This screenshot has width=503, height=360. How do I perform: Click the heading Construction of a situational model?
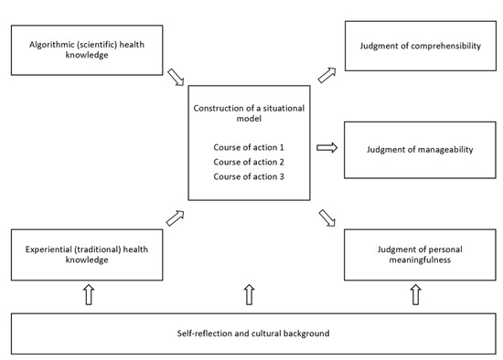pyautogui.click(x=250, y=114)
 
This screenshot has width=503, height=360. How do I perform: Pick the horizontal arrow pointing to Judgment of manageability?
pyautogui.click(x=326, y=146)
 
